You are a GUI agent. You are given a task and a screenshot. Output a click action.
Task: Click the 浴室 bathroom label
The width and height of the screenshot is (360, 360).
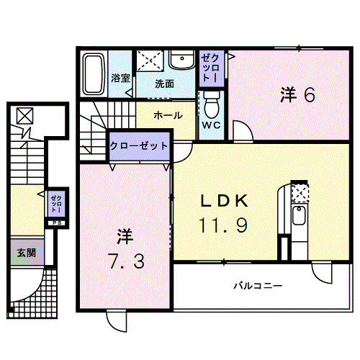point(120,78)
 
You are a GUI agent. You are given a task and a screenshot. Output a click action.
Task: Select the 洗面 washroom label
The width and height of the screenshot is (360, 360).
point(165,83)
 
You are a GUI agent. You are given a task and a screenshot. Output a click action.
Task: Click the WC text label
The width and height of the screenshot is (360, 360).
point(212,126)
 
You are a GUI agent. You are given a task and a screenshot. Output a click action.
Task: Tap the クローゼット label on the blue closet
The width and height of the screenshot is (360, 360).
point(140,145)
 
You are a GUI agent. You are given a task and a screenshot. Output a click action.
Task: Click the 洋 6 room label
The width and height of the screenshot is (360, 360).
point(296,95)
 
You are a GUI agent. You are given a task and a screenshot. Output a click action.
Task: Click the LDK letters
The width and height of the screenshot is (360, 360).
point(224,200)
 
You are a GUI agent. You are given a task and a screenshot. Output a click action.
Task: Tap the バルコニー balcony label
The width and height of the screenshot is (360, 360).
point(257,286)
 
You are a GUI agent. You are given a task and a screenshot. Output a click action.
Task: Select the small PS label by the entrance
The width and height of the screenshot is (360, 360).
point(55,222)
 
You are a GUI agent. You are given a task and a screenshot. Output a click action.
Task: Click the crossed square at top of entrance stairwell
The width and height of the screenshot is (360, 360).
point(24,115)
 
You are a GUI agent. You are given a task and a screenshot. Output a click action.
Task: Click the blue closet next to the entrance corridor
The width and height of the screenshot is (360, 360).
point(56,202)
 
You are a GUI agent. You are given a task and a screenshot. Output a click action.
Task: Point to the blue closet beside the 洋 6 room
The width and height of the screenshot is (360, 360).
point(212,67)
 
